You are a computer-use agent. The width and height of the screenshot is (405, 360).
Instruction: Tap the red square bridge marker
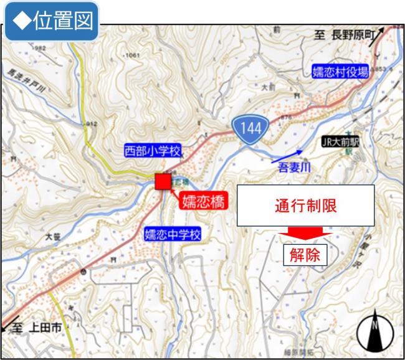click(x=162, y=181)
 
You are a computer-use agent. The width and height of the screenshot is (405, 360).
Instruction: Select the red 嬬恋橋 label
click(x=204, y=201)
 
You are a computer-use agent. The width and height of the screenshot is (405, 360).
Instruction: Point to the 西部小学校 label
click(x=152, y=151)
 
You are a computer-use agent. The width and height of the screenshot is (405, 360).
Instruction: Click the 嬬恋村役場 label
click(x=340, y=72)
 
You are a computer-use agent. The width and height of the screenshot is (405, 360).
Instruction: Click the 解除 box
click(x=305, y=254)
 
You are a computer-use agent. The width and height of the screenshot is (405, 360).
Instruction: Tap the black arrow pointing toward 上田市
click(x=9, y=325)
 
